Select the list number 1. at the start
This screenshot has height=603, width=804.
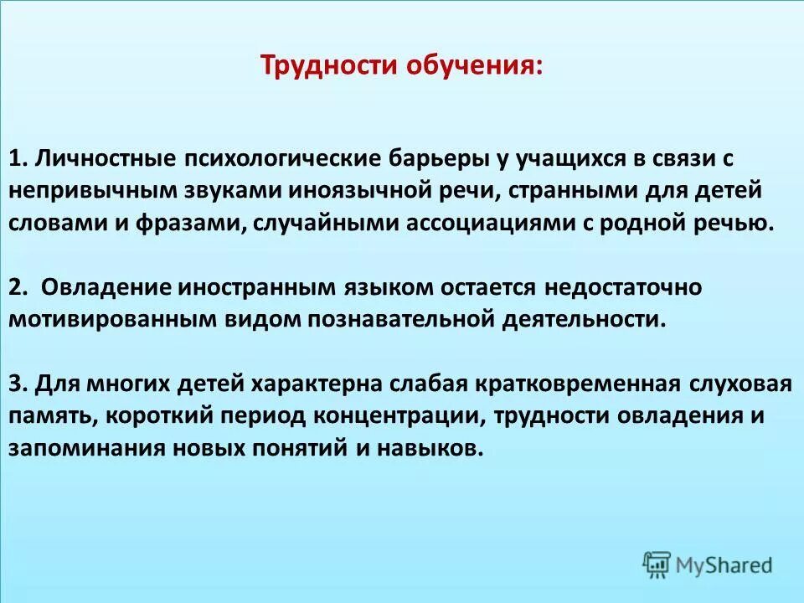click(19, 158)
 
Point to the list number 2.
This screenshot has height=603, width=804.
click(20, 286)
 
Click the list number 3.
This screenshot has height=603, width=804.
click(20, 384)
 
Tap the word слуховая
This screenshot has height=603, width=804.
click(740, 384)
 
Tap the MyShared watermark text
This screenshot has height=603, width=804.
click(724, 565)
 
